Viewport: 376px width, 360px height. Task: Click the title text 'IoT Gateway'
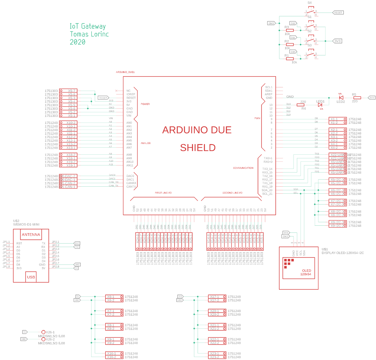coord(88,26)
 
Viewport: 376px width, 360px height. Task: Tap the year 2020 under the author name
coord(77,42)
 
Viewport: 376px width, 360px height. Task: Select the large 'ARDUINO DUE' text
coord(197,130)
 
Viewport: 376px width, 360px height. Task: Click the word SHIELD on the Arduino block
coord(198,148)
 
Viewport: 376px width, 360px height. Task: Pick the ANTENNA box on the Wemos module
coord(31,235)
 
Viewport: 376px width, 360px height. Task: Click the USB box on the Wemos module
coord(31,276)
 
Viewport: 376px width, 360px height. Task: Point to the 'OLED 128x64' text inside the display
coord(306,272)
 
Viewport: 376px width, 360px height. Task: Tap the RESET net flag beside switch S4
coord(338,12)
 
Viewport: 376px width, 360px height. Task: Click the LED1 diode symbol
coord(320,105)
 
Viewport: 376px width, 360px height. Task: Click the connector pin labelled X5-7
coord(72,91)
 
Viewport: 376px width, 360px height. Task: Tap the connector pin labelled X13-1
coord(71,148)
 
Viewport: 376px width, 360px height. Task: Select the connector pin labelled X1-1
coord(334,119)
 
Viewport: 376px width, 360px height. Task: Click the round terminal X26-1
coord(43,332)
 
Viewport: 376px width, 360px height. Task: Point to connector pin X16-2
coord(111,357)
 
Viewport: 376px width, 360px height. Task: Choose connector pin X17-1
coord(214,297)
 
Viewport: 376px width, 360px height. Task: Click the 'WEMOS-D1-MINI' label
coord(26,224)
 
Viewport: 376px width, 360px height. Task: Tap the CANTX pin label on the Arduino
coord(131,187)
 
